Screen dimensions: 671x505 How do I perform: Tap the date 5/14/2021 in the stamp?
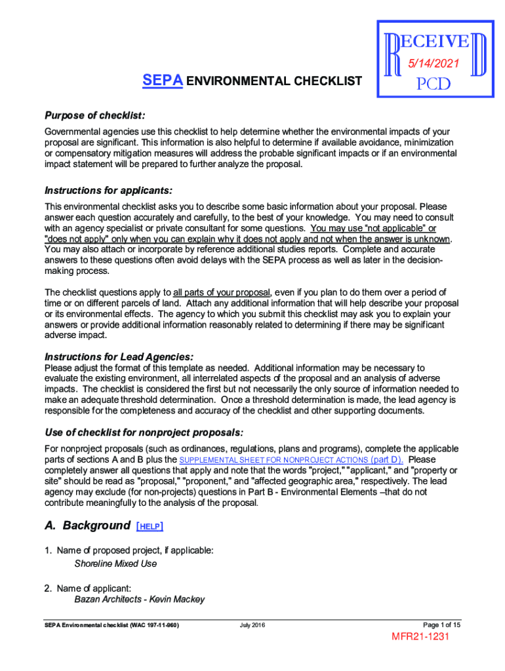coord(434,64)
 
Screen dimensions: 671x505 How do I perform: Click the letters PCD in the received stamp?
coord(434,86)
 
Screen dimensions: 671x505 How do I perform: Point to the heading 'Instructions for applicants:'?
coord(108,191)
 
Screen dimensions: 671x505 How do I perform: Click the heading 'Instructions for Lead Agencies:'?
coord(119,357)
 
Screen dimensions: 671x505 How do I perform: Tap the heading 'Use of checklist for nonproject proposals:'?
coord(144,432)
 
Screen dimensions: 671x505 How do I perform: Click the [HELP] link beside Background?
coord(150,526)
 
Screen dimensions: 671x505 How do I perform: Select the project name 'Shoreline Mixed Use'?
coord(115,564)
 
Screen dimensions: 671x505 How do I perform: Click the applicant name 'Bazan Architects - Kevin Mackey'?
coord(139,599)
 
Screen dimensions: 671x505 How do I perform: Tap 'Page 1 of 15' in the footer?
coord(441,624)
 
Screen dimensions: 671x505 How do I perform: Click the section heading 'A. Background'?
coord(87,526)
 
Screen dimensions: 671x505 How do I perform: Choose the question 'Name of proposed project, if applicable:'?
coord(134,550)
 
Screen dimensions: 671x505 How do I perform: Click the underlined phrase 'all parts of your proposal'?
coord(221,292)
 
